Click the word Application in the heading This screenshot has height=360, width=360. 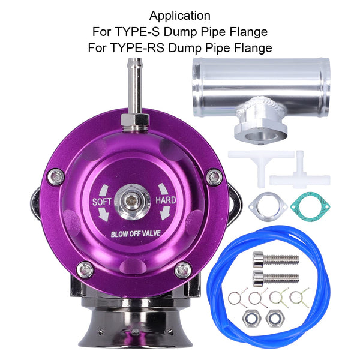(180, 15)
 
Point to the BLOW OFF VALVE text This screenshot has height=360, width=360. (133, 235)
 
